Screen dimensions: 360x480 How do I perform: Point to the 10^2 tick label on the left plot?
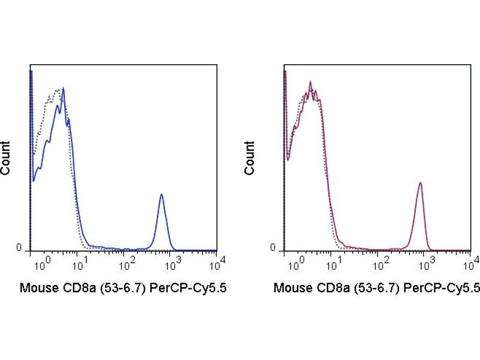[x=127, y=262]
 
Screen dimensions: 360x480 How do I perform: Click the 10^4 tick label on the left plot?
[x=218, y=261]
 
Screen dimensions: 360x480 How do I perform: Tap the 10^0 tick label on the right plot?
[x=289, y=262]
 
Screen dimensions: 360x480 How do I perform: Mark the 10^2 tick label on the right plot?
[x=380, y=262]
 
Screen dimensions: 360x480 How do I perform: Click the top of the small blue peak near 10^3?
[x=161, y=194]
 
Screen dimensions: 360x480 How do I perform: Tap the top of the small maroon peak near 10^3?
[x=421, y=182]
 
